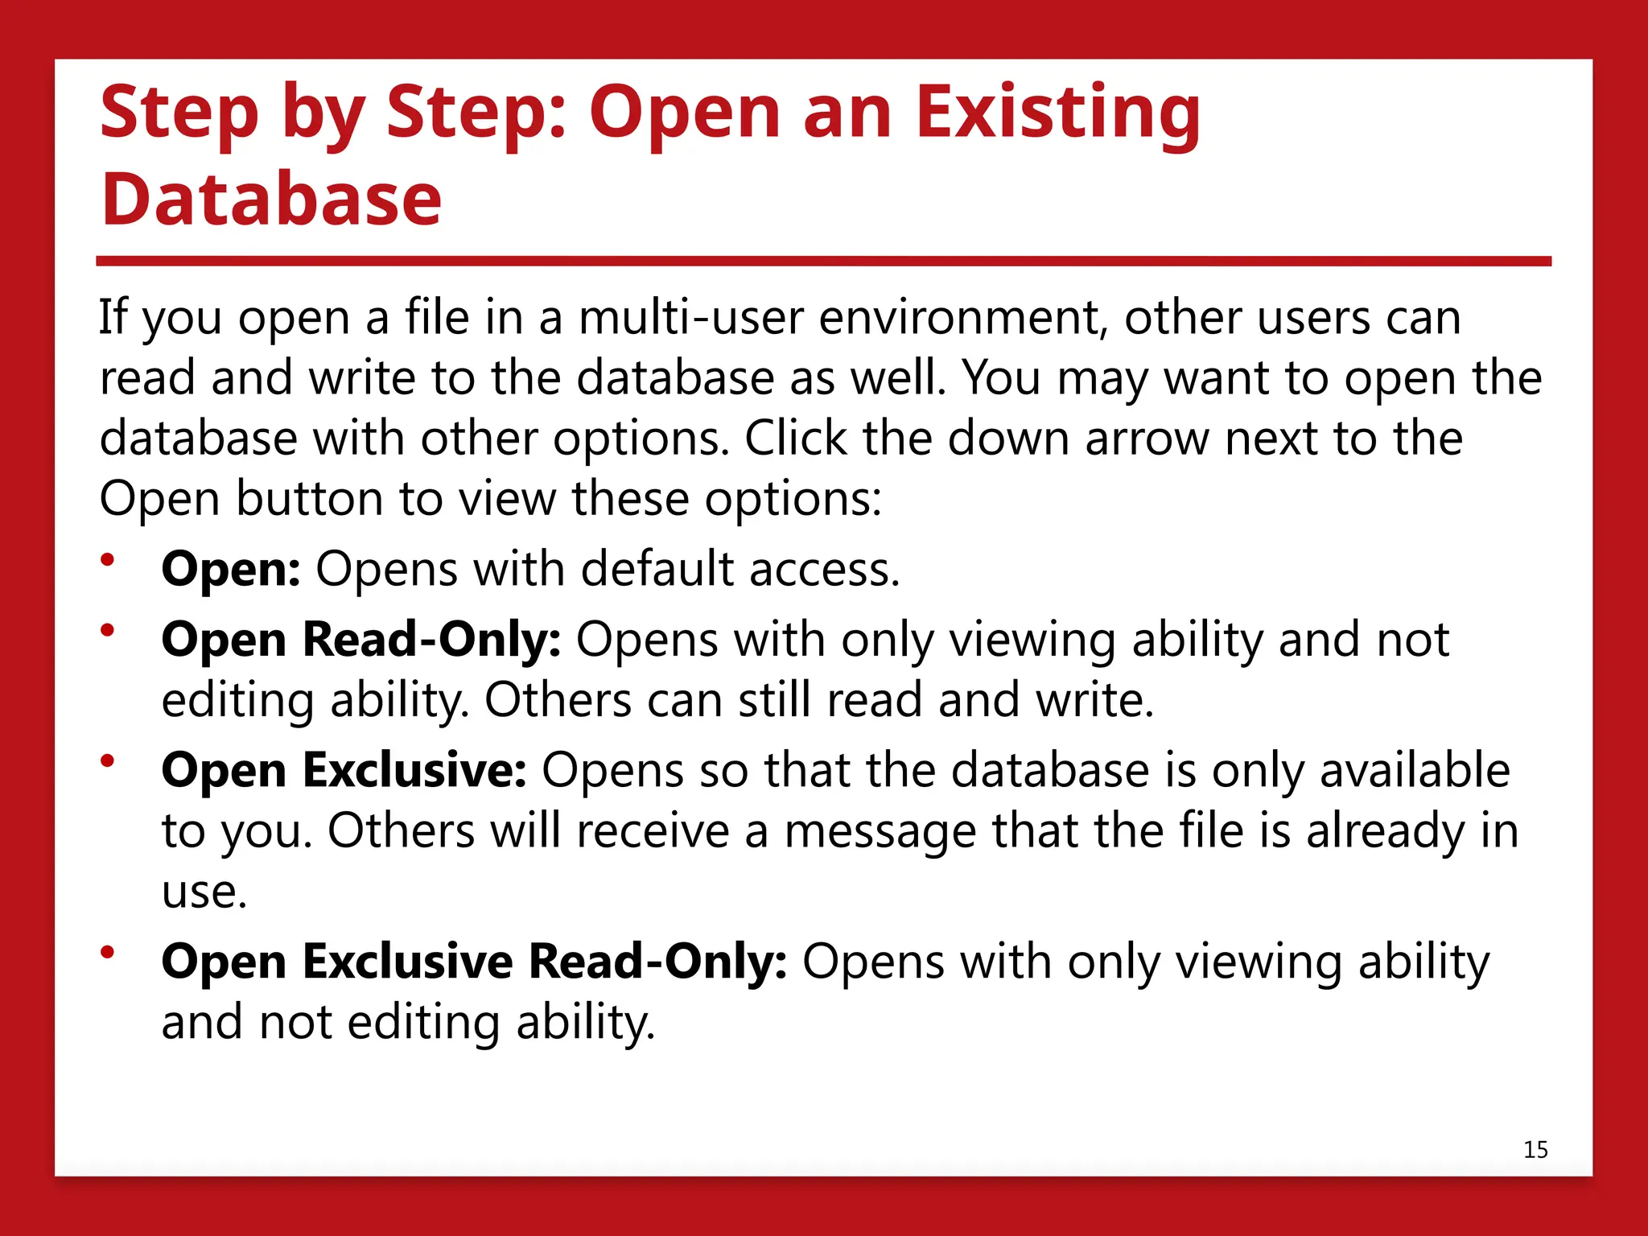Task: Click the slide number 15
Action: coord(1535,1149)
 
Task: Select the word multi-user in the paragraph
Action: coord(690,317)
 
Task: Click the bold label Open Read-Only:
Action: coord(361,640)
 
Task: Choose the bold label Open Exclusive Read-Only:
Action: coord(474,962)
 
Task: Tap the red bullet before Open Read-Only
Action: coord(108,630)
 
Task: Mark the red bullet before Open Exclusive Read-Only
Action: coord(108,952)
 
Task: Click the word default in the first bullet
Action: coord(657,569)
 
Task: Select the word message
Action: coord(880,831)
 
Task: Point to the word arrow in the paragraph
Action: coord(1147,439)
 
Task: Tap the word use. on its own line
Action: coord(204,892)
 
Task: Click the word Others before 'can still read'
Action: coord(558,700)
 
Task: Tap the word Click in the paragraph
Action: coord(795,439)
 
